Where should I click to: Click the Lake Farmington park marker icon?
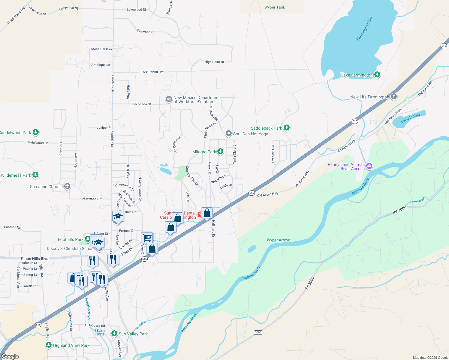coord(377,74)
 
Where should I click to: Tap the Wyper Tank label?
coord(274,7)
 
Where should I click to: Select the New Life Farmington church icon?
coord(394,97)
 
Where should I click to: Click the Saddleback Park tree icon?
coord(287,128)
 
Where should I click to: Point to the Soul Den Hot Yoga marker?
coord(229,133)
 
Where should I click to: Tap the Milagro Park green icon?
coord(220,151)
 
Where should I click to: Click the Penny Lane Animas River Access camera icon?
coord(369,166)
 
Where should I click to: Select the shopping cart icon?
coord(147,238)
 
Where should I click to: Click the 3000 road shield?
coord(258,332)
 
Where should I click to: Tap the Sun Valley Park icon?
coord(114,334)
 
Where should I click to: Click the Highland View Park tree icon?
coord(49,345)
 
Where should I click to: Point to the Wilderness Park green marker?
coord(35,175)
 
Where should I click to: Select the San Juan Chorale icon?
coord(67,186)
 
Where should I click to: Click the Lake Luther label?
coord(411,118)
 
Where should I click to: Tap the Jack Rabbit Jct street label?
coord(152,72)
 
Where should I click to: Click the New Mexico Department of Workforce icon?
coord(169,99)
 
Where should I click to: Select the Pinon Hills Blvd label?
coord(35,258)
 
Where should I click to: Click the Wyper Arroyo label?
coord(278,240)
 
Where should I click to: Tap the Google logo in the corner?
coord(10,356)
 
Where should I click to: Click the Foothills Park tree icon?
coord(87,239)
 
